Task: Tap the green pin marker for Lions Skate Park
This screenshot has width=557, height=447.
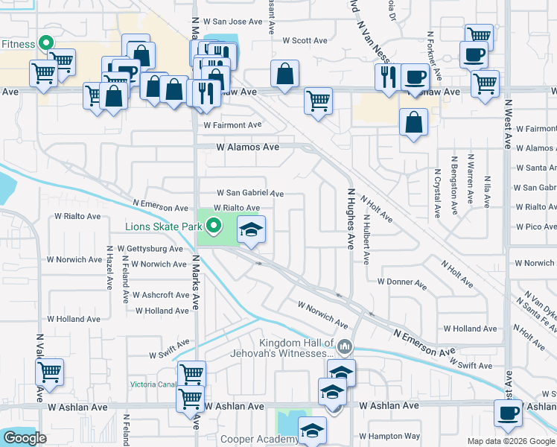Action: tap(214, 224)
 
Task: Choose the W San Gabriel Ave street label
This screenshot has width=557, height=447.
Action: tap(250, 194)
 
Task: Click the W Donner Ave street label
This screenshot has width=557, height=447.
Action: tap(401, 282)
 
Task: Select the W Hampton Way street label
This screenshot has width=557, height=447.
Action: tap(389, 436)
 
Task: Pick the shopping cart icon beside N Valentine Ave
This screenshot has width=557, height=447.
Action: tap(49, 372)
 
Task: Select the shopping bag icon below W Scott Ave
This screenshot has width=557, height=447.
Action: tap(285, 74)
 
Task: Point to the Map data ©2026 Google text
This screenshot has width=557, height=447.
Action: tap(511, 441)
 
